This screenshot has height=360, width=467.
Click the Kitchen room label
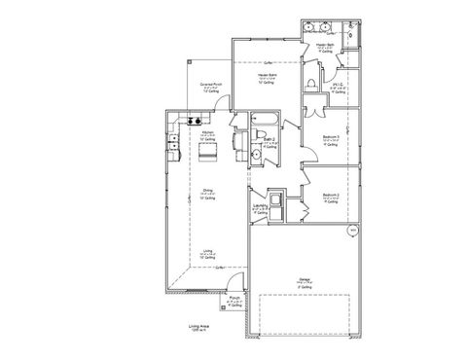click(x=207, y=134)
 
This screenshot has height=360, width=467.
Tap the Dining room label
click(x=207, y=193)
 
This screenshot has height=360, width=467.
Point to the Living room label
click(x=207, y=254)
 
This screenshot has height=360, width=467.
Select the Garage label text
click(x=305, y=283)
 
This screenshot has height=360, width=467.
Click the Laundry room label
click(x=261, y=207)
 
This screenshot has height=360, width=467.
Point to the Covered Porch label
click(x=207, y=87)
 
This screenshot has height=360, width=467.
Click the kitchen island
click(x=207, y=148)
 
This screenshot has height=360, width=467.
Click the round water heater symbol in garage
click(x=352, y=232)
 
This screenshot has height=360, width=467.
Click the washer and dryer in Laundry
click(x=278, y=202)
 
